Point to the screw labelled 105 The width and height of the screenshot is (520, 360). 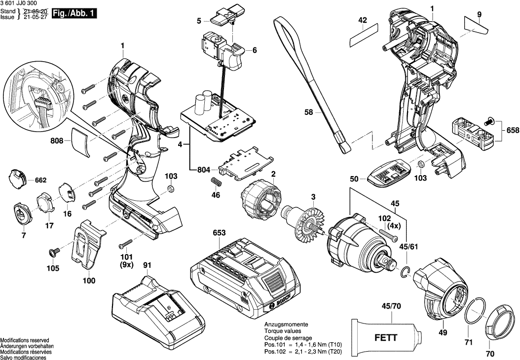[52, 253]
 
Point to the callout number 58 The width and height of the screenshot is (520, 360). [309, 113]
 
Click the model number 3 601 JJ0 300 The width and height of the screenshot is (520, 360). [21, 3]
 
